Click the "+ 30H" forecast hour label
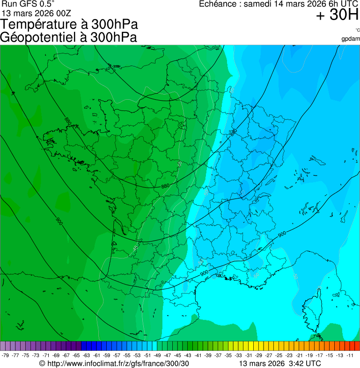337,15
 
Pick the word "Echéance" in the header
218,4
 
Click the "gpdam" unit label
351,38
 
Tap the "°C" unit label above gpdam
357,30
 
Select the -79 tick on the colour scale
6,355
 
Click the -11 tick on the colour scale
350,355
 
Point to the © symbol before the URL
42,363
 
